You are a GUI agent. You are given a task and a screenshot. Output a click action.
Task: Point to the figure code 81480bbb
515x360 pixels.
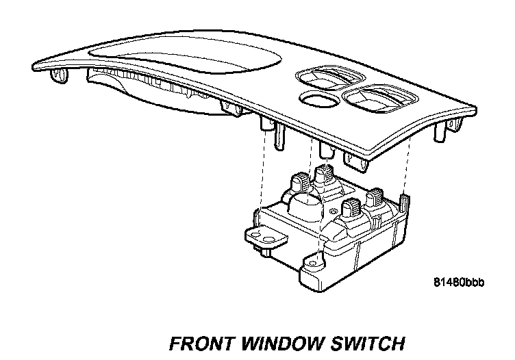[458, 282]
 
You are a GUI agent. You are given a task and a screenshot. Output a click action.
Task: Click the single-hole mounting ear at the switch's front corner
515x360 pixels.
[315, 264]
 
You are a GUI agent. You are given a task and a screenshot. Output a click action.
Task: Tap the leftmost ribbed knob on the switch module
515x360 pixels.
[299, 183]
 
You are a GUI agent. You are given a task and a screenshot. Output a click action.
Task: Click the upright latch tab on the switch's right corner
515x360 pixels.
[403, 203]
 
